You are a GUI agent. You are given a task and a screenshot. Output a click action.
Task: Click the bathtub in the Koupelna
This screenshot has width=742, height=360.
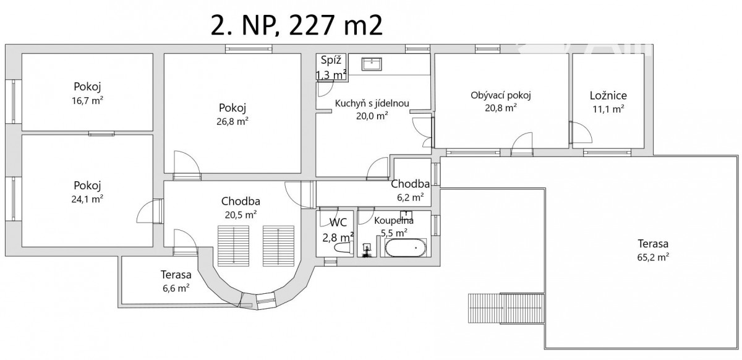(x=406, y=247)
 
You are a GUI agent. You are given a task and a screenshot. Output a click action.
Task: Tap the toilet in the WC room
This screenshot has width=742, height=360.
(x=343, y=248)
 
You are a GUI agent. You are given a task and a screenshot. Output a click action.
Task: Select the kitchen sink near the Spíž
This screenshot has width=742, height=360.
(x=372, y=64)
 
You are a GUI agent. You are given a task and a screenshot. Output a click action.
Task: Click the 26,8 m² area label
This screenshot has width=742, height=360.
(x=232, y=121)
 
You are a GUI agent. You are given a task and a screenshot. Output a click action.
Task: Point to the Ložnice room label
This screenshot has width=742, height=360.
(x=608, y=95)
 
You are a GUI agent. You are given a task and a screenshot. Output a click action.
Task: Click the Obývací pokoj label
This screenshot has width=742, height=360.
(x=500, y=95)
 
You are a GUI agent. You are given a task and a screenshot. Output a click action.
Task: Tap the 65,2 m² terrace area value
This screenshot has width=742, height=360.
(x=653, y=257)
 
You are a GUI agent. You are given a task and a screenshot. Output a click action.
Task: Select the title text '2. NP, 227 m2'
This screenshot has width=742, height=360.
(x=296, y=25)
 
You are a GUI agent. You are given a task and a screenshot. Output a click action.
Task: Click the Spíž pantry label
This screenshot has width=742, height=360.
(x=331, y=61)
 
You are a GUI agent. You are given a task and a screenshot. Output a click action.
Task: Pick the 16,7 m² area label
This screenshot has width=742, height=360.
(x=87, y=100)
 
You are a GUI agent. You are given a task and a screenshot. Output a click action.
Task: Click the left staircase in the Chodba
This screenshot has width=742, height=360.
(x=234, y=246)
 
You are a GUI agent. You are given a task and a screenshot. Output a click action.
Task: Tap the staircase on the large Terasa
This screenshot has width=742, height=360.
(x=506, y=308)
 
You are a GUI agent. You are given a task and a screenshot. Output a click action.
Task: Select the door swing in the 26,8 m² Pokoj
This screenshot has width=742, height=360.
(x=187, y=162)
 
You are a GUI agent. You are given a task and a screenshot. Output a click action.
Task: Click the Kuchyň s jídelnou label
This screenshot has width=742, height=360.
(x=372, y=103)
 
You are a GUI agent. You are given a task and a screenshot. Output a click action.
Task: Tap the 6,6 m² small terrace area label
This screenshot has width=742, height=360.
(x=176, y=288)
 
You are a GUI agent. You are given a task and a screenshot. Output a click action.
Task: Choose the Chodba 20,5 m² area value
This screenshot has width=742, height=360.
(x=241, y=215)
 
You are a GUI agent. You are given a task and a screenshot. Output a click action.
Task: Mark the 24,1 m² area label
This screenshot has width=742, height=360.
(x=87, y=199)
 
